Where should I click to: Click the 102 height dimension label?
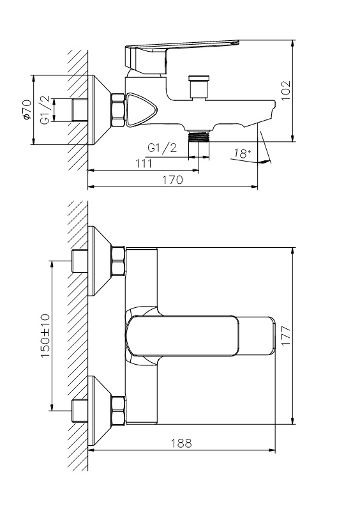pyautogui.click(x=285, y=91)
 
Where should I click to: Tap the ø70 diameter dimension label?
pyautogui.click(x=27, y=109)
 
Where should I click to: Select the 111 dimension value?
pyautogui.click(x=144, y=163)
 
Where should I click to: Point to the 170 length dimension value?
pyautogui.click(x=173, y=180)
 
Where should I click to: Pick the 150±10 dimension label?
pyautogui.click(x=45, y=335)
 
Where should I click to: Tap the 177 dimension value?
pyautogui.click(x=285, y=336)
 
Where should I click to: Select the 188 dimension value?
pyautogui.click(x=181, y=443)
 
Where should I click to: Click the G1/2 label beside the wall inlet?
pyautogui.click(x=45, y=109)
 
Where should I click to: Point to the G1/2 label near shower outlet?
pyautogui.click(x=162, y=148)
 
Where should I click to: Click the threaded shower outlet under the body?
pyautogui.click(x=199, y=135)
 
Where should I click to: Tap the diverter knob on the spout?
pyautogui.click(x=199, y=87)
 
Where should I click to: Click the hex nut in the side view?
pyautogui.click(x=118, y=110)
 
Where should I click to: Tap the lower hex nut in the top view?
pyautogui.click(x=118, y=411)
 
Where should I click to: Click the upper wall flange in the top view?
pyautogui.click(x=100, y=261)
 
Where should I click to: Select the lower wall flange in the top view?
pyautogui.click(x=100, y=411)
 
